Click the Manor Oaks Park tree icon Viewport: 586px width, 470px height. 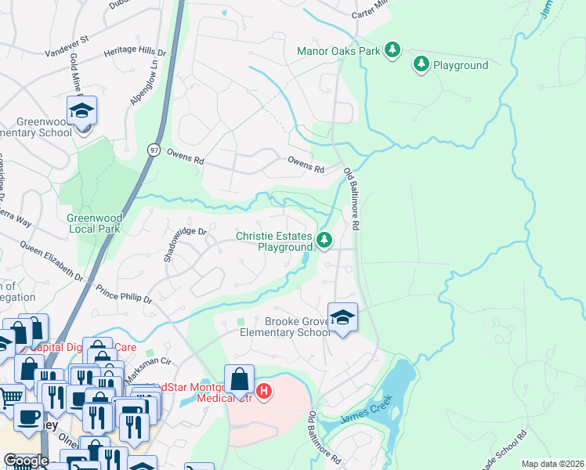pos(392,52)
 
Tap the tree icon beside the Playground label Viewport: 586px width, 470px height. pos(421,64)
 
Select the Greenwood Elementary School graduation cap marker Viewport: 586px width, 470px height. pos(81,112)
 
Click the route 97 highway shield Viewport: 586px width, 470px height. pos(154,149)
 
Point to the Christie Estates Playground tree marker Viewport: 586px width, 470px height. pos(324,240)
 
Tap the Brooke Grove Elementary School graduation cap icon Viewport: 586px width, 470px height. pos(342,317)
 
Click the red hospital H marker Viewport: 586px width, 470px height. pos(264,390)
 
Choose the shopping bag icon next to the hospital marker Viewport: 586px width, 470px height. pos(240,381)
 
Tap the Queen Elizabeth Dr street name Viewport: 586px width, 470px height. pos(52,262)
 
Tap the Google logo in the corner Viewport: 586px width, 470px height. pos(26,461)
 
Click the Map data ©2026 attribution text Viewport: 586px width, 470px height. pos(552,464)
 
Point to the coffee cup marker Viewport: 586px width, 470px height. pos(29,418)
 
